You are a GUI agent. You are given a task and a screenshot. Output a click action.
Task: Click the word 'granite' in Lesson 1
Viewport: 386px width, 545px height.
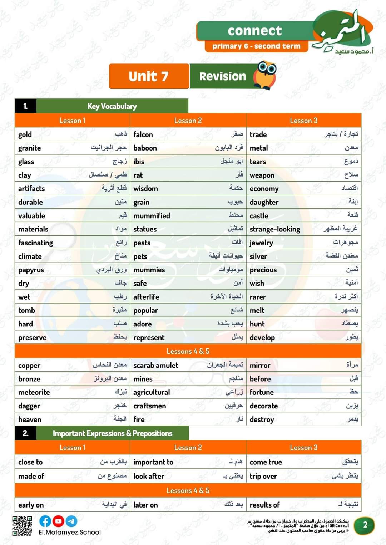30,148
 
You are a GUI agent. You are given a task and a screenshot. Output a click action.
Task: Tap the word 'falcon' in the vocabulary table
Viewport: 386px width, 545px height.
143,134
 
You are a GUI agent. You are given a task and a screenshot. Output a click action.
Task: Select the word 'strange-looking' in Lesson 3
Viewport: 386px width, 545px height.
274,229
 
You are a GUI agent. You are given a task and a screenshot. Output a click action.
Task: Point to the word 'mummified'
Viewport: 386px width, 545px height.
152,216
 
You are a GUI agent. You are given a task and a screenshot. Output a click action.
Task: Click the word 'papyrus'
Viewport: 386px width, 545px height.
31,270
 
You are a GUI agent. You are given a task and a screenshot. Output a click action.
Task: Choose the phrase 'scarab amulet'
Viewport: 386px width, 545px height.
155,365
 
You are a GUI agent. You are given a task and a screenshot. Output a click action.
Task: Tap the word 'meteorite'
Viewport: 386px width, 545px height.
34,392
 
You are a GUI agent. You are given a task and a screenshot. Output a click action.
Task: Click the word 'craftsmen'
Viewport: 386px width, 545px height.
149,406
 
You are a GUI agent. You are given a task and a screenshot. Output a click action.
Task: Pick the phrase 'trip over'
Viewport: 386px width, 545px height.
263,476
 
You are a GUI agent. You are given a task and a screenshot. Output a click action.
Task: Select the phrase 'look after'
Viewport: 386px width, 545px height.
149,476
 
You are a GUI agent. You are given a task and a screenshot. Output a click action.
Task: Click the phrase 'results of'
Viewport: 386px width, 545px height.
264,505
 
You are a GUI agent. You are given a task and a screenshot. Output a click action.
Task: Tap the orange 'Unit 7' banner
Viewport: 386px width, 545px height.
149,76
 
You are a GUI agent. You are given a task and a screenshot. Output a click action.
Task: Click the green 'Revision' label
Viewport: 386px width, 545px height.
222,76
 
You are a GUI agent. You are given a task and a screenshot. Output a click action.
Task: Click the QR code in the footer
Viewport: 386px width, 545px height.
22,525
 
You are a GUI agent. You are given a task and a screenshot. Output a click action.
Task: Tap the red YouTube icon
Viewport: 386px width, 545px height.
58,521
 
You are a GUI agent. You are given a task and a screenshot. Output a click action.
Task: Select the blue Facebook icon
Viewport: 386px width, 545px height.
45,521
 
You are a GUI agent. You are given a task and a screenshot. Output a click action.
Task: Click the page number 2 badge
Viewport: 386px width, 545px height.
365,525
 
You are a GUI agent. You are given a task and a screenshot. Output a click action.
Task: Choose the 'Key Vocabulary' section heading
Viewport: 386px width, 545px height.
112,106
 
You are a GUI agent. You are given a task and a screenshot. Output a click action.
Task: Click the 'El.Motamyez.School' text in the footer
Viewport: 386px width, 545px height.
70,532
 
